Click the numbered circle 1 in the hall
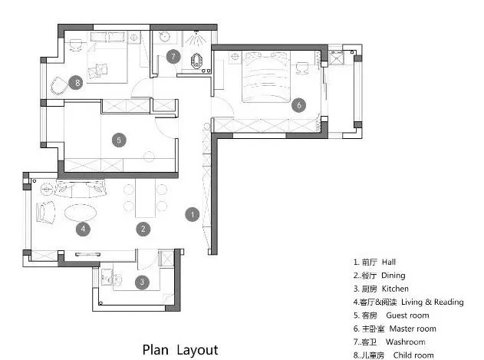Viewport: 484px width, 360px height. [193, 214]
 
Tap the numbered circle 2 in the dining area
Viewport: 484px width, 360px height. [143, 229]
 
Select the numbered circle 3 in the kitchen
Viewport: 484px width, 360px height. [142, 282]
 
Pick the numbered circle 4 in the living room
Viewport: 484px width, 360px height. [83, 229]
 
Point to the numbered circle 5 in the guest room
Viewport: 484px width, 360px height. [119, 140]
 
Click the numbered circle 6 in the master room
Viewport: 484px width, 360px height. [299, 105]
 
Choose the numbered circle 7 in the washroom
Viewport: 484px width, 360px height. [173, 57]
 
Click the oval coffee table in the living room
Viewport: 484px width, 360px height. [81, 213]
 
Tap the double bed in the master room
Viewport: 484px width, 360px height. [266, 77]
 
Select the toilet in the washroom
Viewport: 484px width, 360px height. [196, 61]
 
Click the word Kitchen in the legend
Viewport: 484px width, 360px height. [395, 289]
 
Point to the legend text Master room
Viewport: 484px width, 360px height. [413, 329]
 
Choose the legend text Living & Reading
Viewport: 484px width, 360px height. [432, 302]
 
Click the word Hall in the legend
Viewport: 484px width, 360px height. [389, 262]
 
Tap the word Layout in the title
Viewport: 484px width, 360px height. [198, 351]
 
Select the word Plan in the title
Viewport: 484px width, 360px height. [156, 350]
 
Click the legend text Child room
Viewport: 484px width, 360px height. [413, 355]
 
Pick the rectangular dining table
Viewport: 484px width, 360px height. [146, 198]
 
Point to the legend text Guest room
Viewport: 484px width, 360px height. [407, 315]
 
